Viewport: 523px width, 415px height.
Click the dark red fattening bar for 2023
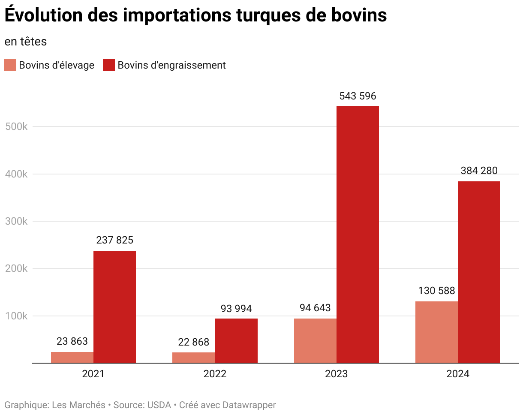358,234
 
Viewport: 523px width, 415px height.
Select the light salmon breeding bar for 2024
436,332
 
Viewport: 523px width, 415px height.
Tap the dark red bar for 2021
114,307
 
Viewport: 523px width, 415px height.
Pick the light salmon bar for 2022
194,358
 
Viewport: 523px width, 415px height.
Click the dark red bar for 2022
236,341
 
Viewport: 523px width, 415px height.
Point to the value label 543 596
358,96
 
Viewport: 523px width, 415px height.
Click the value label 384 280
479,171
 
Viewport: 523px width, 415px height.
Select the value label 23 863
72,342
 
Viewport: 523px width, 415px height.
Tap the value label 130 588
436,291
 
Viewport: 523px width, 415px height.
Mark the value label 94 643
315,308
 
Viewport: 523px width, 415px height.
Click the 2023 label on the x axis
337,374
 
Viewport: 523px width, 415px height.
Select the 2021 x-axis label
93,374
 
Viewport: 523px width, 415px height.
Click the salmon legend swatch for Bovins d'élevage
10,65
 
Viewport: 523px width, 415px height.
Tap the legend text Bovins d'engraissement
171,65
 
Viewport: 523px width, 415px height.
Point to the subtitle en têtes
25,42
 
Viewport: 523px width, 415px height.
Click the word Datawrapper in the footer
249,405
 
